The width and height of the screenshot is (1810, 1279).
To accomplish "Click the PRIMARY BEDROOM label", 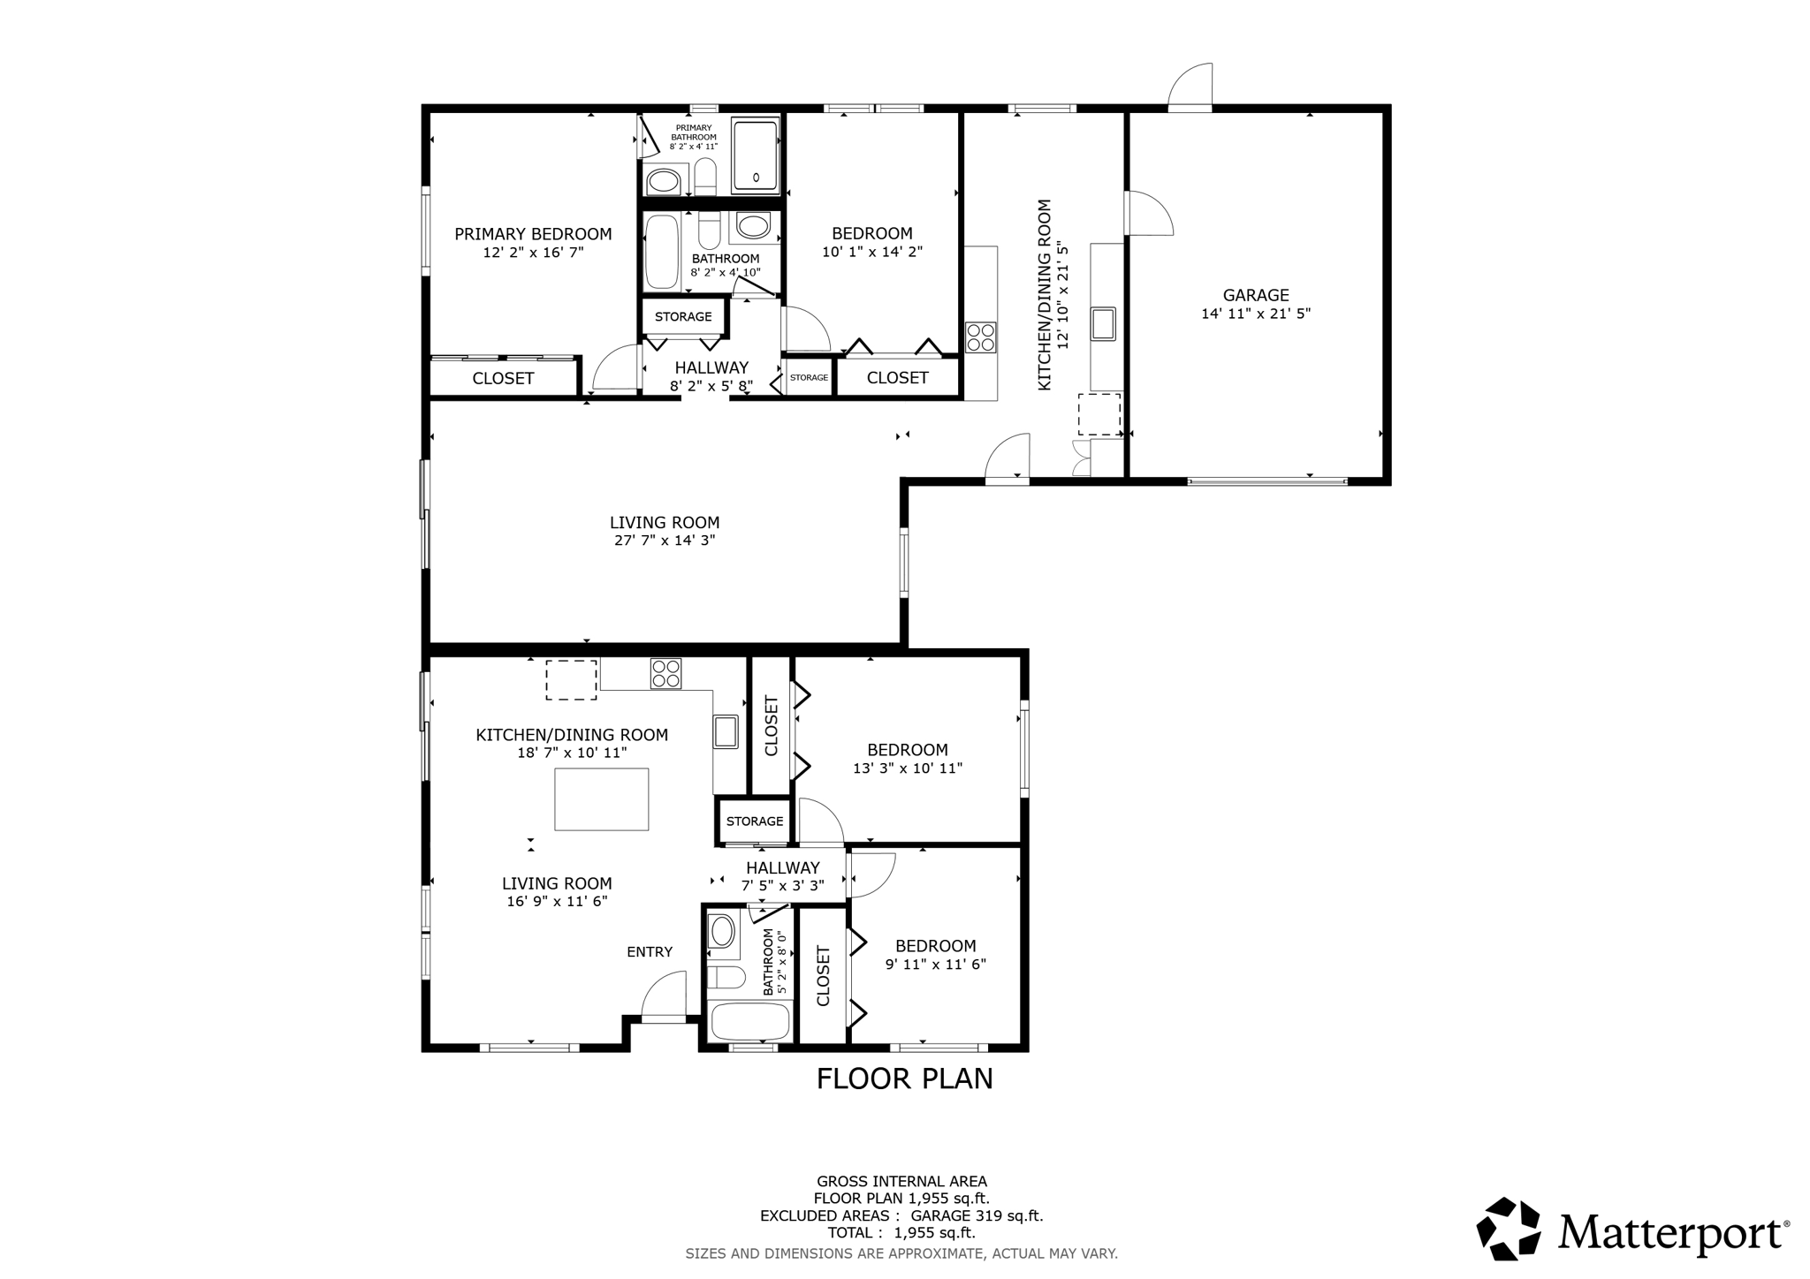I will tap(533, 234).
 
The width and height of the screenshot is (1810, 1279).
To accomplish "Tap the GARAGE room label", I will tap(1255, 295).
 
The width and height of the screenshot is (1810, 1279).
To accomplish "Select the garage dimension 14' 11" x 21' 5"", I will tap(1255, 314).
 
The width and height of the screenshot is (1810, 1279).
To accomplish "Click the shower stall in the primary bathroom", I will tap(756, 155).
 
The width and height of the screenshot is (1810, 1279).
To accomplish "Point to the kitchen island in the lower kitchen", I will tap(601, 798).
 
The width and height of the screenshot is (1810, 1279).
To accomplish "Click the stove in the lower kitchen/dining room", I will tap(665, 674).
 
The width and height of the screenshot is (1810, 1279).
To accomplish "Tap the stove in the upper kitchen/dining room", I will tap(980, 337).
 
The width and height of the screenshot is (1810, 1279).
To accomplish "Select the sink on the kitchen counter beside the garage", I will tap(1102, 323).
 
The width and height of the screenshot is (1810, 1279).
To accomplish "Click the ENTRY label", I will tap(650, 951).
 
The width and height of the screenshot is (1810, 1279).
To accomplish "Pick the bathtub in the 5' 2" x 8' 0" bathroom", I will tap(749, 1022).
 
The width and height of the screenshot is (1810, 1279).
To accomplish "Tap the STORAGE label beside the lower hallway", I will tap(754, 821).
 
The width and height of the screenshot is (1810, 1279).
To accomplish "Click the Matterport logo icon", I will tap(1508, 1228).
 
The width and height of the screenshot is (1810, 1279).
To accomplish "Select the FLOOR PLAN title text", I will tap(904, 1078).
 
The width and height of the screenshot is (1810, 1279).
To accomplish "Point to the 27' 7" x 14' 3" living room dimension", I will tap(665, 541).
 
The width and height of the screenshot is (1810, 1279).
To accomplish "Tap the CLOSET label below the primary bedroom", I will tap(503, 378).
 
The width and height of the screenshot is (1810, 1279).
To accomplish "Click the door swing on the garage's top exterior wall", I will tap(1190, 87).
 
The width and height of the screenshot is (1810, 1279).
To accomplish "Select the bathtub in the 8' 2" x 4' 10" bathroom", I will tap(661, 253).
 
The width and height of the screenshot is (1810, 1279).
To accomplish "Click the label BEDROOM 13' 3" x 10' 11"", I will tap(907, 759).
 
